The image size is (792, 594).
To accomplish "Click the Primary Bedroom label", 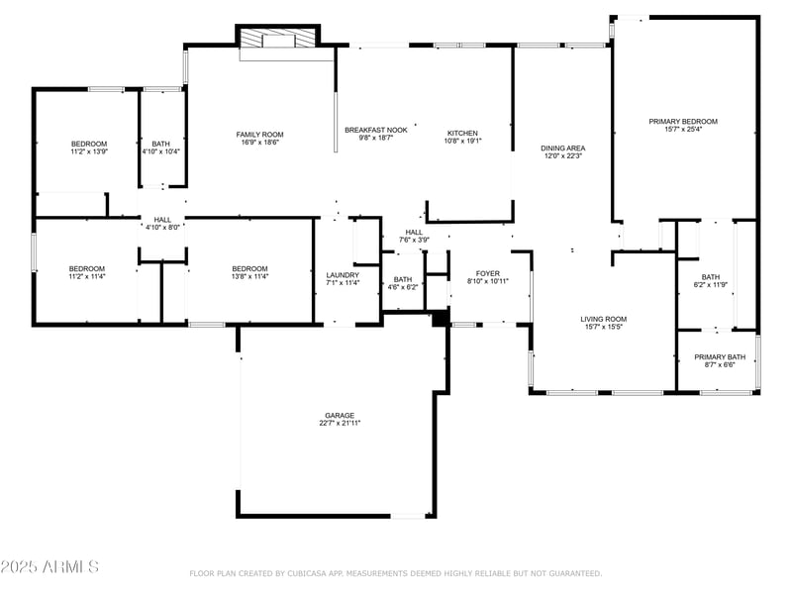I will (x=683, y=122).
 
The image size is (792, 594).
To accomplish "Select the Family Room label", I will (x=259, y=135).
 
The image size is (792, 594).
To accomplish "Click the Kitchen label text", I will (x=462, y=133).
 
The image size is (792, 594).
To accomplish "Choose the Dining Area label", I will (x=561, y=148).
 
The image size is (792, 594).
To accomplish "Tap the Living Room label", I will (x=603, y=319).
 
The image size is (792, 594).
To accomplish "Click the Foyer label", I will (x=488, y=273).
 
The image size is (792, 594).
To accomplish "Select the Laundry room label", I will (x=343, y=275).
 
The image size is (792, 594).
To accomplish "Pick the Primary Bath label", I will (x=720, y=356).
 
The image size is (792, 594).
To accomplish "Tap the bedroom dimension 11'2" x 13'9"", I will (x=88, y=151).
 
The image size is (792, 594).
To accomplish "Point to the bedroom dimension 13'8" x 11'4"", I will (x=249, y=276).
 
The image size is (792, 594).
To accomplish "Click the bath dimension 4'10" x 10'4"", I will (x=160, y=151).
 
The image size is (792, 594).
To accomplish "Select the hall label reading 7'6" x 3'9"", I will (x=414, y=240).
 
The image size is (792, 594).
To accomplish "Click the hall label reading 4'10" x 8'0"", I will (x=162, y=228).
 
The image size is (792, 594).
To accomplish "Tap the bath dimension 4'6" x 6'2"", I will (x=403, y=287).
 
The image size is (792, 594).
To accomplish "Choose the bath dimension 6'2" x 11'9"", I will (x=711, y=285).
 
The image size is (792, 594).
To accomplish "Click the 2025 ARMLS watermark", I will (x=49, y=567).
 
